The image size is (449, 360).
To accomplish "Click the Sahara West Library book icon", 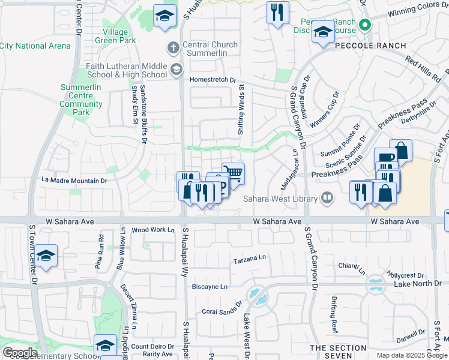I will pos(327,197).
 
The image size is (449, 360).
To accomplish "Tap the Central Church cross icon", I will pos(172,47).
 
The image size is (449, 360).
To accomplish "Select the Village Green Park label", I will pos(115,36).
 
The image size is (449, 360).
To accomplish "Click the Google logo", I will pos(20,352).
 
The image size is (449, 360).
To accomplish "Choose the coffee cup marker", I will pos(385,158).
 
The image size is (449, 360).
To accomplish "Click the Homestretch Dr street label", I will pos(214,80).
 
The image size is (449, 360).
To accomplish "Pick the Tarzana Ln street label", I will pos(249,257).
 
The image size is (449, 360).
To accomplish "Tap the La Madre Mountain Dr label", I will pos(74,180).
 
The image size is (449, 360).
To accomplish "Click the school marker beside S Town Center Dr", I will pos(46,255).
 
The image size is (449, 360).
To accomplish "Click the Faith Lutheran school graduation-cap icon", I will pos(176,70).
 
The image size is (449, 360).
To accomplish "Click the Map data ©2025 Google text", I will pos(411,355).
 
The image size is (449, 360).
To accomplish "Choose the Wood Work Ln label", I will pos(152,230).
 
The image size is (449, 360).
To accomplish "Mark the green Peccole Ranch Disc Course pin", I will pos(364,25).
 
